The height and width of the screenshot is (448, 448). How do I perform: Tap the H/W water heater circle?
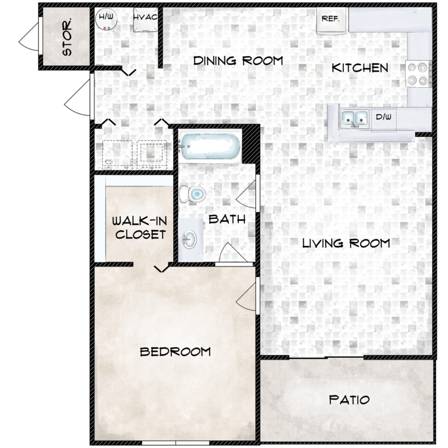pyautogui.click(x=106, y=19)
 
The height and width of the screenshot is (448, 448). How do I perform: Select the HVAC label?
pyautogui.click(x=146, y=17)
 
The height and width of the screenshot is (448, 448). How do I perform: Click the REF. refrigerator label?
pyautogui.click(x=330, y=19)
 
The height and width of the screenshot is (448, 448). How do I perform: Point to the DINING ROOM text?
pyautogui.click(x=237, y=61)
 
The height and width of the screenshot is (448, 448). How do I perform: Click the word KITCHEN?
pyautogui.click(x=360, y=67)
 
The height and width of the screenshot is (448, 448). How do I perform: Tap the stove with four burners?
pyautogui.click(x=418, y=73)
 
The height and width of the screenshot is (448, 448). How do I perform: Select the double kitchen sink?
pyautogui.click(x=355, y=118)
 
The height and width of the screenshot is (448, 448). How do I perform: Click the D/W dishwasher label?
pyautogui.click(x=383, y=118)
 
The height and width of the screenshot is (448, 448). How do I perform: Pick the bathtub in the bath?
pyautogui.click(x=210, y=147)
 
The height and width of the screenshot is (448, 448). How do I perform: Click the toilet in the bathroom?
pyautogui.click(x=192, y=194)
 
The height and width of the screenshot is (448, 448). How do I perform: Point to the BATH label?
pyautogui.click(x=227, y=219)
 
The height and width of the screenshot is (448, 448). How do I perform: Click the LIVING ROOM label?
pyautogui.click(x=345, y=243)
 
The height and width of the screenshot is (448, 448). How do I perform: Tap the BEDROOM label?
pyautogui.click(x=175, y=351)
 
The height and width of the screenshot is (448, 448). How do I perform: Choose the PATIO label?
pyautogui.click(x=349, y=400)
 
